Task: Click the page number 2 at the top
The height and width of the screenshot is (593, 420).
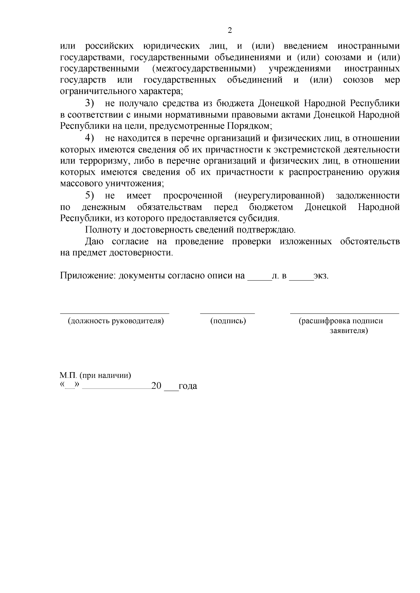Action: click(230, 30)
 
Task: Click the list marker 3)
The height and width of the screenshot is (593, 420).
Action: click(90, 103)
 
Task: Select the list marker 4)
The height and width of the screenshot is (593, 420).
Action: click(90, 138)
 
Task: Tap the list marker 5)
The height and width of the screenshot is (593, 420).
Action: click(90, 195)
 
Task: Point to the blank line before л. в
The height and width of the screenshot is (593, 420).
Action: click(260, 279)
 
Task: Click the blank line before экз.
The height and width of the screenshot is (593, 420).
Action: click(301, 279)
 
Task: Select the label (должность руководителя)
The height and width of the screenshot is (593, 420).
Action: click(116, 321)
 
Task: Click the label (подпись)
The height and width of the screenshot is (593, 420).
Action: click(228, 321)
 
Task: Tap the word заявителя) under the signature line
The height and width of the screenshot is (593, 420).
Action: click(349, 331)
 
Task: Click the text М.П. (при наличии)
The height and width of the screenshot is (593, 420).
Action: click(95, 376)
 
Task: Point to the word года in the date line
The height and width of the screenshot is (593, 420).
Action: click(188, 386)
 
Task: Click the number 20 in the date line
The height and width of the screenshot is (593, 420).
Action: click(156, 386)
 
